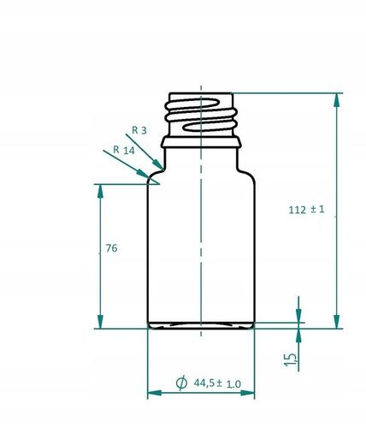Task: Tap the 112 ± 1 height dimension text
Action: (308, 210)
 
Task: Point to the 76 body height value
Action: (109, 248)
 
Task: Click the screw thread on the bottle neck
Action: (200, 113)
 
